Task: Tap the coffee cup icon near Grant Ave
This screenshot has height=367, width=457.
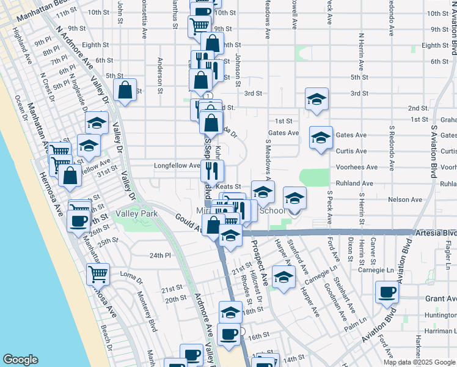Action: tap(387, 292)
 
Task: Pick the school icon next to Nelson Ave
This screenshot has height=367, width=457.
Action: tap(294, 198)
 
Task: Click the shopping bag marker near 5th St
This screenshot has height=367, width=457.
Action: tap(125, 91)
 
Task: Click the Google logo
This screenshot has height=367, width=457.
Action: tap(20, 360)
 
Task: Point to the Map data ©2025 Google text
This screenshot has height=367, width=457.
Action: tap(419, 362)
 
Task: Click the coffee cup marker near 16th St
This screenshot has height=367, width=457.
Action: tap(228, 335)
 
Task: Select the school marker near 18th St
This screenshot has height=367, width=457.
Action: tap(229, 313)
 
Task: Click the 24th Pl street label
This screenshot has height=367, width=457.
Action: tap(158, 255)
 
